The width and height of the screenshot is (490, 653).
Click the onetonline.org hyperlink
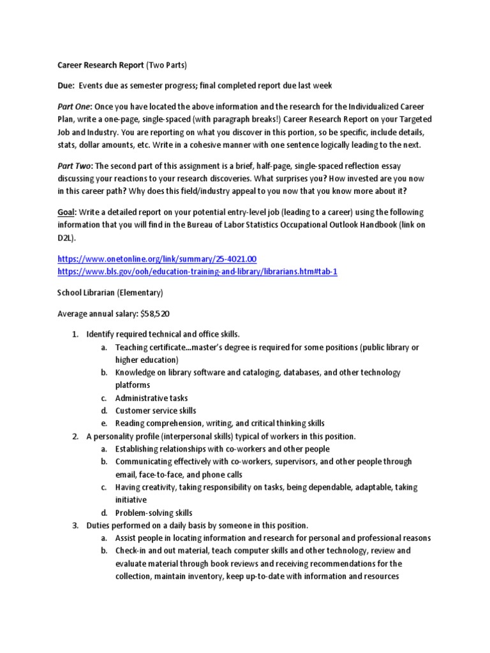tap(157, 259)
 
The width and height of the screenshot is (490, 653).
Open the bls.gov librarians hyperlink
tap(197, 271)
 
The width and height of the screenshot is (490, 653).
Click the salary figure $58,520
tap(151, 314)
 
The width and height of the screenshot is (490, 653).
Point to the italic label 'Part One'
tap(75, 106)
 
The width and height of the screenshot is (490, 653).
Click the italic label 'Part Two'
tap(75, 166)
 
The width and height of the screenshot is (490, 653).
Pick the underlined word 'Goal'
tap(66, 212)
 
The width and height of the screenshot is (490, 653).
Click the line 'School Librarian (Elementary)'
tap(110, 293)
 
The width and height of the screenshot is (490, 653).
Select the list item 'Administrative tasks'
tap(151, 398)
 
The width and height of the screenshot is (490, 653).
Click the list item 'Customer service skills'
tap(156, 411)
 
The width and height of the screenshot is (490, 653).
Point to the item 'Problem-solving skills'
tap(154, 513)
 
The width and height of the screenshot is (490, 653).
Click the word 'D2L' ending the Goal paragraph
tap(66, 237)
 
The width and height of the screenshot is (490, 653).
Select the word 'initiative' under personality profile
tap(131, 500)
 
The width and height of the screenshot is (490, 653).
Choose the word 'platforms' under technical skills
tap(133, 385)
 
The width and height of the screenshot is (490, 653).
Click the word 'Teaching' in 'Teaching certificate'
tap(132, 347)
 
